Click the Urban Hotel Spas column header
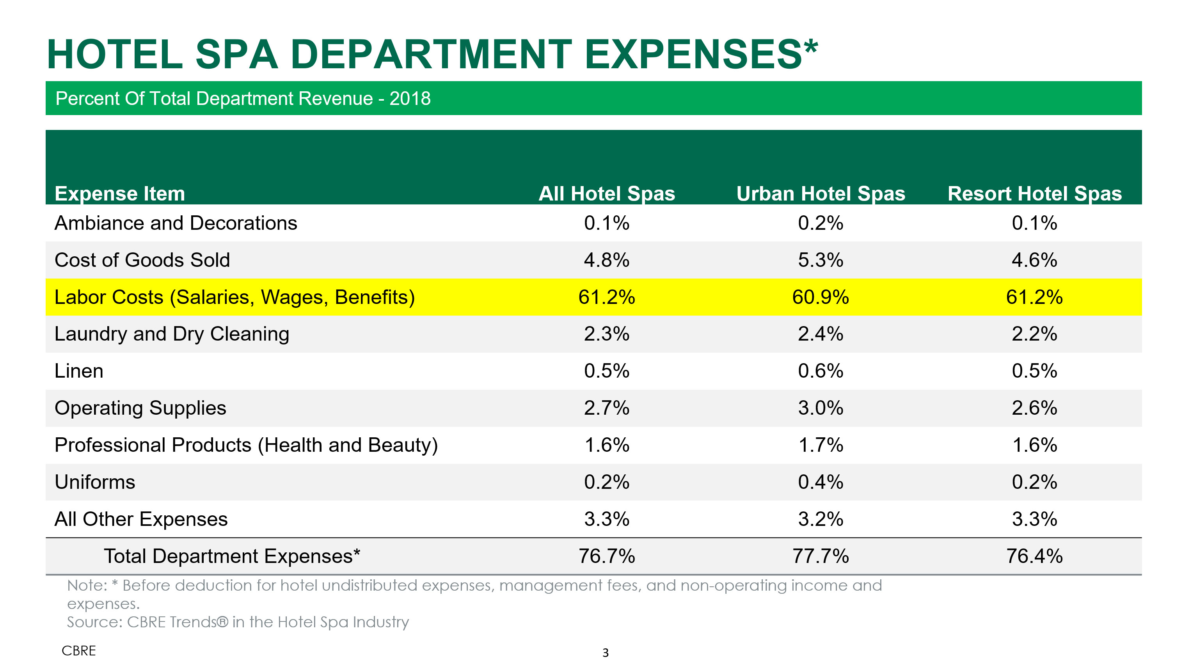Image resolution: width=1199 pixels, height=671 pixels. [x=820, y=193]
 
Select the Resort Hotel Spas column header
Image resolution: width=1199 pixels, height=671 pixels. [x=1034, y=193]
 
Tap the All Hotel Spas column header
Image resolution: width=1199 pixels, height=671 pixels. [x=606, y=193]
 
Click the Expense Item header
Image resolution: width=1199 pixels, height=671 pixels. [x=120, y=193]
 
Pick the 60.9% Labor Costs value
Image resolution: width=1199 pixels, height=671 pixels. [x=820, y=297]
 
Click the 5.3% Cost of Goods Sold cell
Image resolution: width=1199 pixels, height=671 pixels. [x=820, y=260]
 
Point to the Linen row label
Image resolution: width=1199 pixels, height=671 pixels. [x=79, y=371]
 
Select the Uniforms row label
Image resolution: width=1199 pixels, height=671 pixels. [x=94, y=482]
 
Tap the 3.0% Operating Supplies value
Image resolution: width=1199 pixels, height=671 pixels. [x=820, y=408]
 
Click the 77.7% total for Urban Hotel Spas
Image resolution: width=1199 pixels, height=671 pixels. [x=820, y=556]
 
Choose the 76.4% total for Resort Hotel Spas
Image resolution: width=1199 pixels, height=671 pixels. [x=1034, y=556]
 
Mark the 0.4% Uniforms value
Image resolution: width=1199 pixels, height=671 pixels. [x=820, y=482]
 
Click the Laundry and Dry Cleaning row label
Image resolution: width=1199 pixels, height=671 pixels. [x=172, y=334]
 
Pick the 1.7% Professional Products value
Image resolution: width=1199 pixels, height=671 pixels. [x=820, y=445]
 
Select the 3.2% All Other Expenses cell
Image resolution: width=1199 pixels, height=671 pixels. [x=820, y=519]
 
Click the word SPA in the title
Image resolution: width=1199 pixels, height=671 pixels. [x=236, y=55]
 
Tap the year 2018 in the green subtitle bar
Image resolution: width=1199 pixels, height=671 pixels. [x=410, y=99]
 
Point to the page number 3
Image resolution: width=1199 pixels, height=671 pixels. [x=605, y=652]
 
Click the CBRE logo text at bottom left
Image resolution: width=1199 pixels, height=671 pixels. [x=79, y=651]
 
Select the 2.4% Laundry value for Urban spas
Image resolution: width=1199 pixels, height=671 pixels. [x=820, y=334]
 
